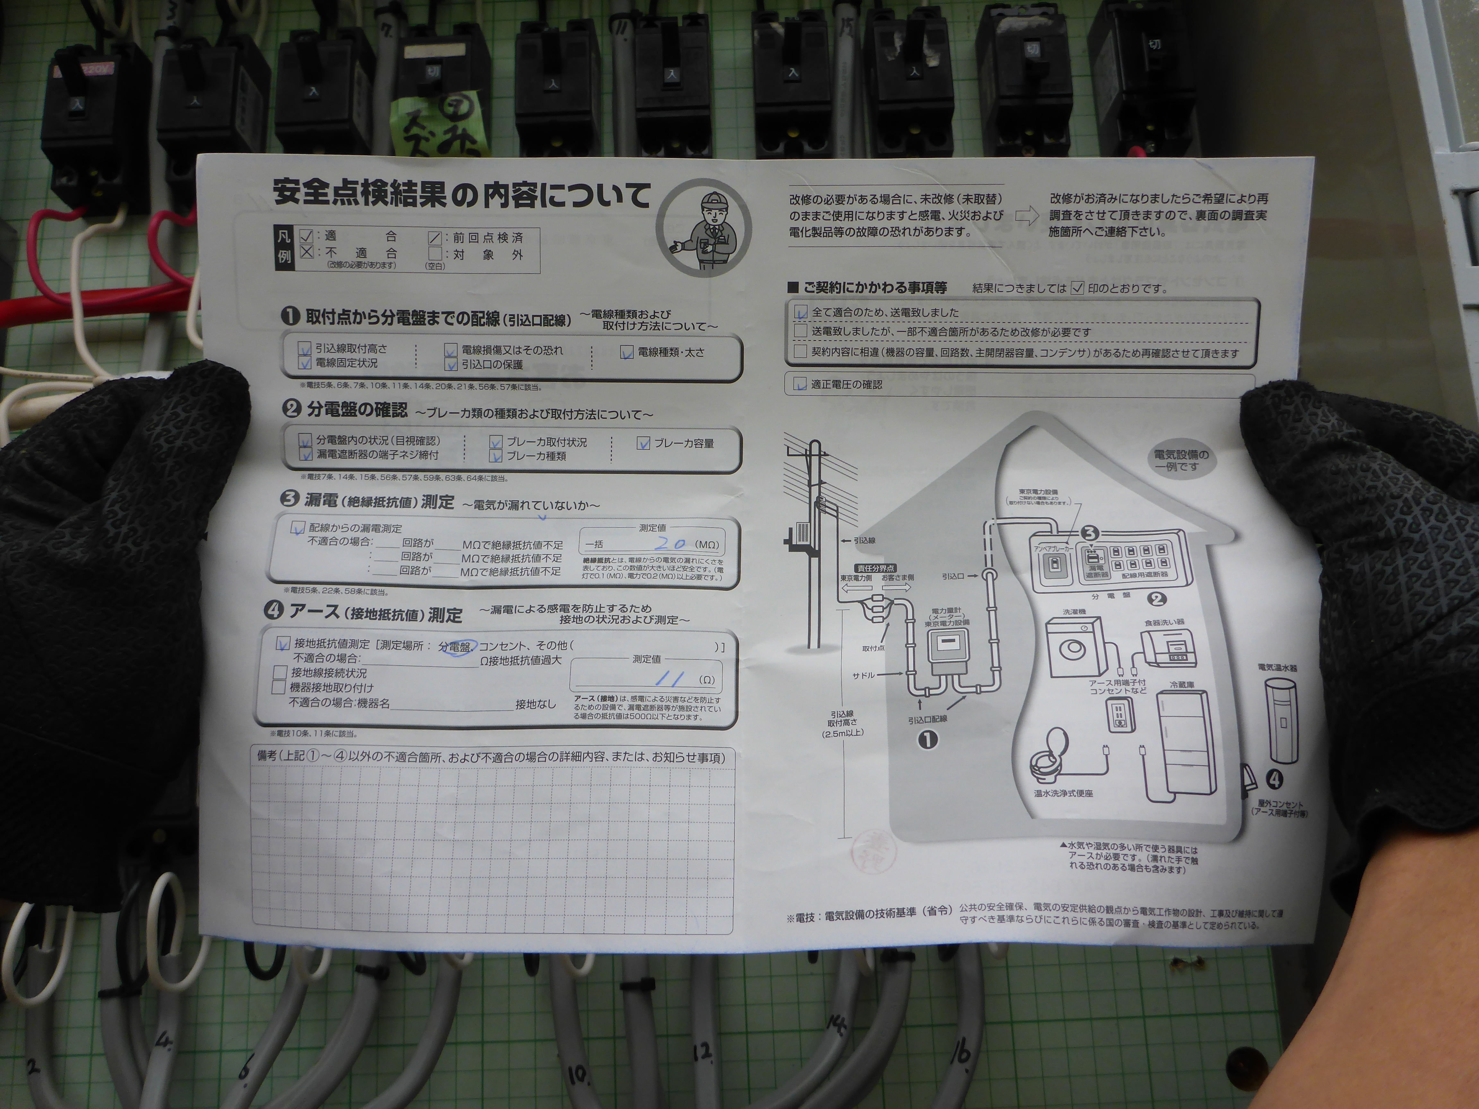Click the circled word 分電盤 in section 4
click(x=455, y=647)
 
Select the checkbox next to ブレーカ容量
click(x=643, y=443)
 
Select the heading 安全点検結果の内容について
click(x=461, y=194)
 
